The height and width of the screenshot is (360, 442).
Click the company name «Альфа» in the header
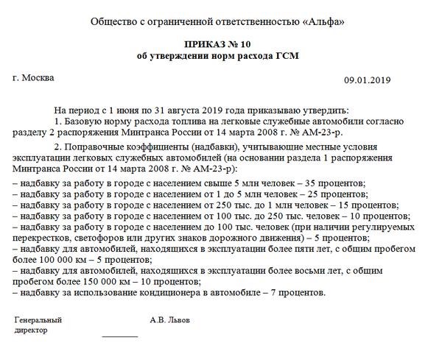[325, 21]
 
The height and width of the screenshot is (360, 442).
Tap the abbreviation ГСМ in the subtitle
[290, 56]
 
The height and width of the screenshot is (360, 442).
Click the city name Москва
[38, 77]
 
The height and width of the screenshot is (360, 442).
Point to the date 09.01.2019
[367, 80]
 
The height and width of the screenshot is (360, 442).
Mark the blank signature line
[119, 336]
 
